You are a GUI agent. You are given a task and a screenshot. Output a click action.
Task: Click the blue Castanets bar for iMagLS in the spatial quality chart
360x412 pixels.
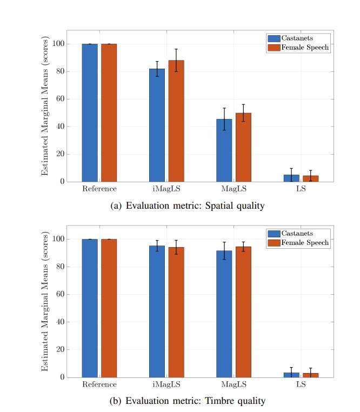(x=157, y=125)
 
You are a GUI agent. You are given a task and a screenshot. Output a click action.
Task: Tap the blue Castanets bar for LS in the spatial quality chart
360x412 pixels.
(x=291, y=178)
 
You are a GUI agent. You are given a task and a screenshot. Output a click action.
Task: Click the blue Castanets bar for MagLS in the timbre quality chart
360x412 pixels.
(x=224, y=314)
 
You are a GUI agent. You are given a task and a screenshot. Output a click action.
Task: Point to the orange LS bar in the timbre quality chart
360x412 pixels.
(x=310, y=375)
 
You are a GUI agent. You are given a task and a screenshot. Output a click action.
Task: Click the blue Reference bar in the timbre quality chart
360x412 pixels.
(x=90, y=308)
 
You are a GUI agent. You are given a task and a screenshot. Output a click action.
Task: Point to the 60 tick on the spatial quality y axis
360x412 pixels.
(x=59, y=99)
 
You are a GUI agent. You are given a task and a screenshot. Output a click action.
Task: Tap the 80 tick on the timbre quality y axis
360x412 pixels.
(x=59, y=267)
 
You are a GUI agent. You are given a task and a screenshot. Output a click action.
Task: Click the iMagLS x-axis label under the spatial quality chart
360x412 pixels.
(x=166, y=189)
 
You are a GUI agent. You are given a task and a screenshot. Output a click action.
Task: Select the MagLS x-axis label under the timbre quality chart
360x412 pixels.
(x=234, y=384)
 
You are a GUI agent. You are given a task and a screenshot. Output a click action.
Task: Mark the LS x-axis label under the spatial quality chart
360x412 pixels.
(x=301, y=189)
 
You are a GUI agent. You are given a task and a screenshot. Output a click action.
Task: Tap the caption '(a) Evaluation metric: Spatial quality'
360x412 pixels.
(x=179, y=206)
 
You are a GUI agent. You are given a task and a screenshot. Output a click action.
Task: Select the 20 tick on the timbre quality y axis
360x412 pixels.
(x=59, y=349)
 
